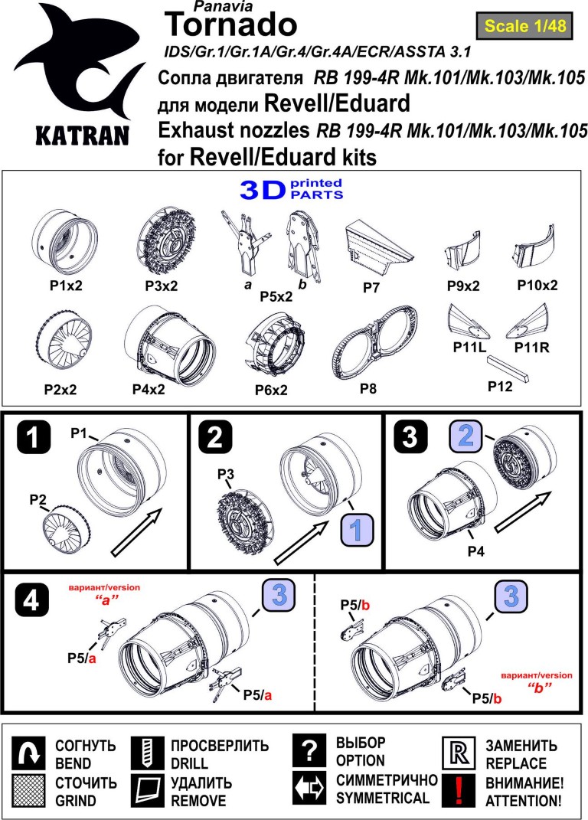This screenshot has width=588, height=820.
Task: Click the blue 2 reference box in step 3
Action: point(465,436)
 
